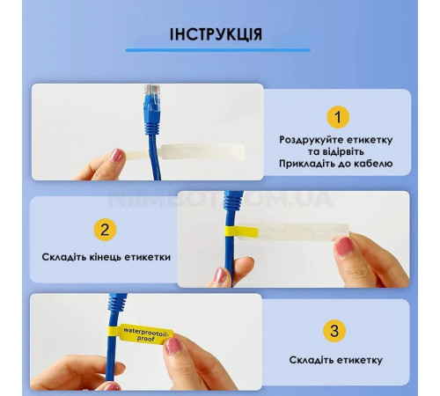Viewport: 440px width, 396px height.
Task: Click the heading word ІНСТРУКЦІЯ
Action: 216,34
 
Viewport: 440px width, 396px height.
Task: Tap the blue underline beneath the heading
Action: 217,50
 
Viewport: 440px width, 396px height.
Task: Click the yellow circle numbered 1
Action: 338,117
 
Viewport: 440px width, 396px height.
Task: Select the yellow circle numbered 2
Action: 105,230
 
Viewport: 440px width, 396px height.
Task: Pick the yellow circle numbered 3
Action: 334,331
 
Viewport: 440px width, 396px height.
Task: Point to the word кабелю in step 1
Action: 374,164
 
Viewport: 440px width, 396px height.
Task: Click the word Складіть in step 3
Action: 311,360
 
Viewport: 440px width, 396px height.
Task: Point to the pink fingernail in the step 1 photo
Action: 116,156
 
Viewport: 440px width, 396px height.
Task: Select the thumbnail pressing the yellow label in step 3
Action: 173,346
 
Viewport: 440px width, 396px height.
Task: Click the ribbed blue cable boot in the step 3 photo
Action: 117,302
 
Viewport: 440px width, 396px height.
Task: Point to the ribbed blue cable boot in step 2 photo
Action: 233,201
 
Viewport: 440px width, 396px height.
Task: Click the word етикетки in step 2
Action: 147,257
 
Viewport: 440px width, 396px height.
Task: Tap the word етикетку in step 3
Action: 359,360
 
